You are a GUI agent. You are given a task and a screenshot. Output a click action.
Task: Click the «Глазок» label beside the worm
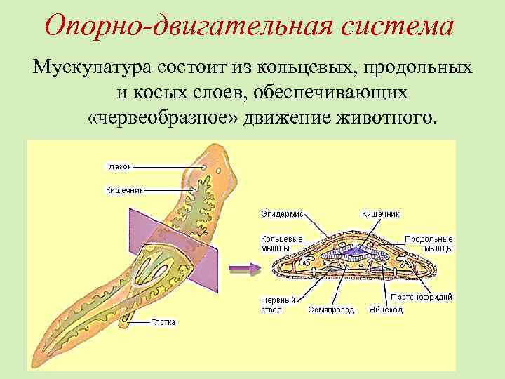pos(117,166)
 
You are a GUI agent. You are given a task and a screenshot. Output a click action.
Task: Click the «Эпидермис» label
pos(282,213)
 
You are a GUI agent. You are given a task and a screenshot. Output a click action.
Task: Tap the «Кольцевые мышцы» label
pos(281,243)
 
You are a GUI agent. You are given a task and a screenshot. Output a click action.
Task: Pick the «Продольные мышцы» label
pos(429,243)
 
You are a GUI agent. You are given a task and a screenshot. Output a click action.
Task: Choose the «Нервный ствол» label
pos(278,304)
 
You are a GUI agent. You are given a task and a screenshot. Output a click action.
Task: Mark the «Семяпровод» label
pos(331,309)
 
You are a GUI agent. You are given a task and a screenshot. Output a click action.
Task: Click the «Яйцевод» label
pos(387,309)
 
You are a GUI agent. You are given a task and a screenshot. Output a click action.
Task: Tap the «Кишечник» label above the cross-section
pos(380,213)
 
